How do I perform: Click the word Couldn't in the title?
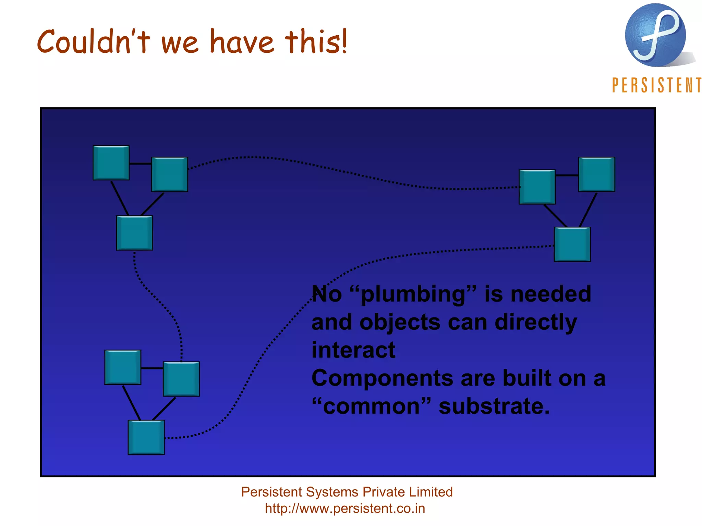pos(93,42)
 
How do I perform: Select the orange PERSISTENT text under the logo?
pos(656,85)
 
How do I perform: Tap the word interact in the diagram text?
pos(353,350)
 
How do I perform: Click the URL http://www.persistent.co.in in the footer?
pos(345,509)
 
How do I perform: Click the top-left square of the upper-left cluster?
pos(111,163)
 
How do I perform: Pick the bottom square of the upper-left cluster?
pos(134,233)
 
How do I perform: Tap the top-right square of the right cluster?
pos(596,174)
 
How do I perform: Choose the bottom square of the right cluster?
pos(572,245)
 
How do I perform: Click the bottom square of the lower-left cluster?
pos(146,437)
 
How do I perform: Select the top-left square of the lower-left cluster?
pos(123,367)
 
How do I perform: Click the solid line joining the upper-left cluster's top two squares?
pos(141,164)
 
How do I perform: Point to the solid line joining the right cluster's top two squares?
pos(567,175)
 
